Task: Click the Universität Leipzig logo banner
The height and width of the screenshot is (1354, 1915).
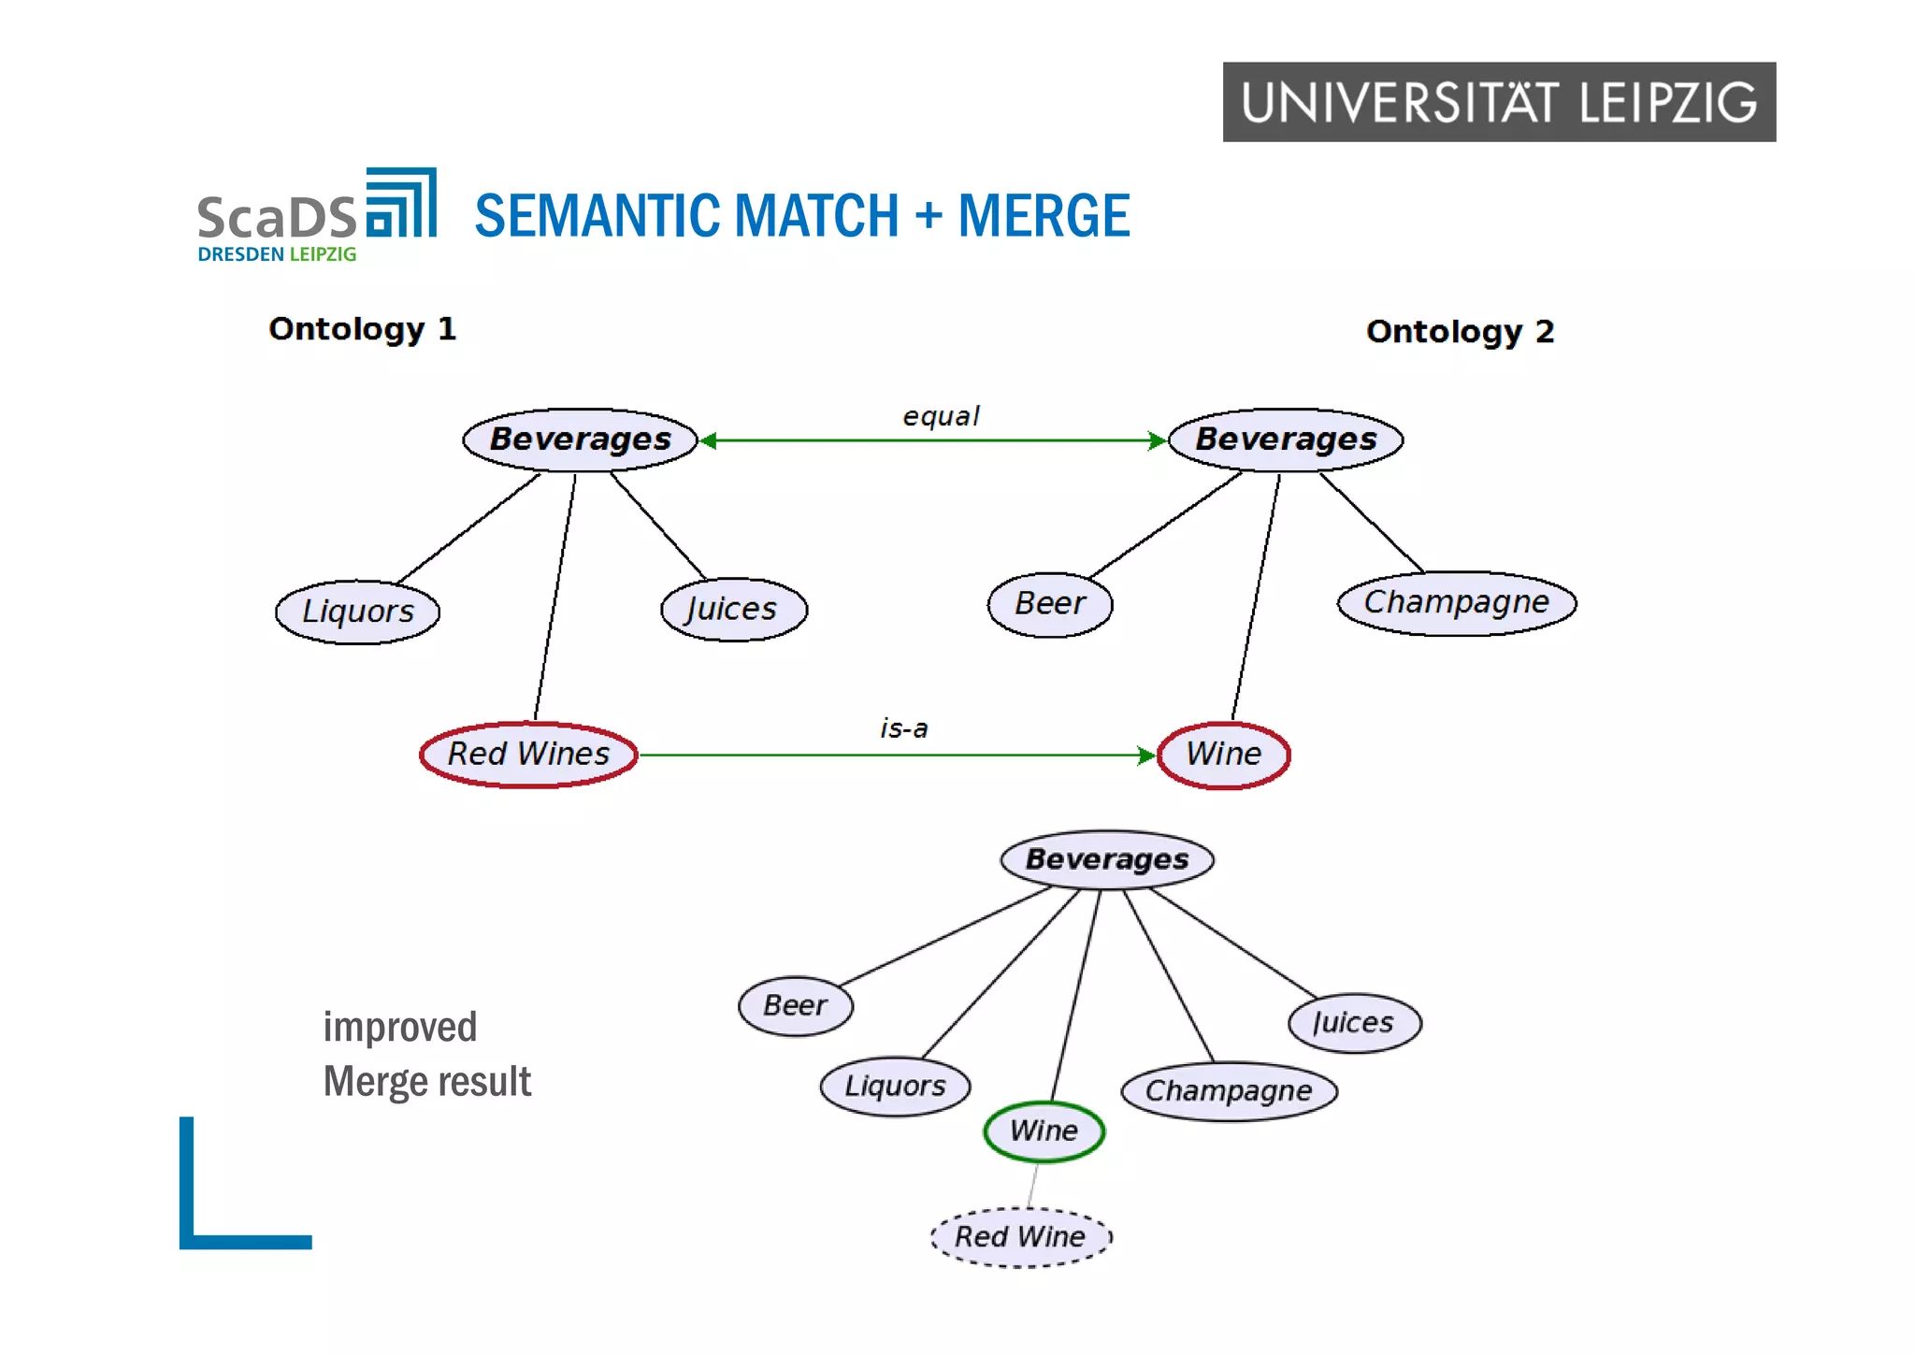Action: (x=1498, y=102)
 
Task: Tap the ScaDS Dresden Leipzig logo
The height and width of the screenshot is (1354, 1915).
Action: (x=316, y=216)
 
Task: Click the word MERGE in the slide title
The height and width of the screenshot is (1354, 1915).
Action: (x=1044, y=216)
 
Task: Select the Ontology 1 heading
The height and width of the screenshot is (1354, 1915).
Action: (x=362, y=329)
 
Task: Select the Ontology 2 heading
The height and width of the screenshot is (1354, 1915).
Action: (x=1459, y=332)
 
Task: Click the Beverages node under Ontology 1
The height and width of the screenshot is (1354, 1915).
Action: (x=580, y=439)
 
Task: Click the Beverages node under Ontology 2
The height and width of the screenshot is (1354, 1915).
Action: (x=1286, y=439)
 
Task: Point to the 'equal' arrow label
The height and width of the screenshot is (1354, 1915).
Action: (x=940, y=416)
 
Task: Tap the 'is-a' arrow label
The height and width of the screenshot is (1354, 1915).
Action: (x=903, y=728)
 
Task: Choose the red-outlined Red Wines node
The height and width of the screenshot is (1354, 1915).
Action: (x=528, y=754)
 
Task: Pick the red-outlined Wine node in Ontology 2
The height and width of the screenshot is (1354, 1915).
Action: (x=1223, y=754)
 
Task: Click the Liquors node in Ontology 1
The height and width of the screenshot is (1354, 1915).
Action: (x=357, y=612)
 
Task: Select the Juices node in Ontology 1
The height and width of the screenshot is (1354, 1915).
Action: (x=733, y=609)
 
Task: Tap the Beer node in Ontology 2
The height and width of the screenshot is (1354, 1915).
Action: (x=1049, y=604)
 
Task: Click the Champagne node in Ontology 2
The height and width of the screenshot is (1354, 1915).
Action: (x=1456, y=602)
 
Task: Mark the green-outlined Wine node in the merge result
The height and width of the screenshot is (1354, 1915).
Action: (x=1044, y=1131)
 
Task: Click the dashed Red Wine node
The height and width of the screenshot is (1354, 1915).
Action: (x=1020, y=1237)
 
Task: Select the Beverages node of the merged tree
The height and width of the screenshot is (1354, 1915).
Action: (x=1106, y=859)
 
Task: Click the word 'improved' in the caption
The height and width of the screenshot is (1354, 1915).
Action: (x=400, y=1028)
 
